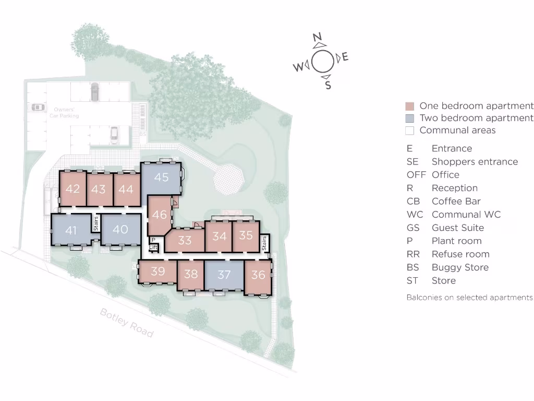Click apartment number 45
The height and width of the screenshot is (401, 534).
pyautogui.click(x=161, y=178)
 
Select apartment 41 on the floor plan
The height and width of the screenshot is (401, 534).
pyautogui.click(x=71, y=230)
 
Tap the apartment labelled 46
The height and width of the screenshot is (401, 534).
pyautogui.click(x=160, y=215)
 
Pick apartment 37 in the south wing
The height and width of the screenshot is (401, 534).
pyautogui.click(x=224, y=275)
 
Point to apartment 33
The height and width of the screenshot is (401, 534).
pyautogui.click(x=185, y=241)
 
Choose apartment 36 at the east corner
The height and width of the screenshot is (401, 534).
pyautogui.click(x=258, y=275)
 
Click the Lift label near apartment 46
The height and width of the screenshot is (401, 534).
pyautogui.click(x=153, y=247)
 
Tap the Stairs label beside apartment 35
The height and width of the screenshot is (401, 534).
pyautogui.click(x=264, y=243)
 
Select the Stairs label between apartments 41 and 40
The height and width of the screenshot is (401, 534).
pyautogui.click(x=95, y=223)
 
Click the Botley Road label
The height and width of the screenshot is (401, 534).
pyautogui.click(x=127, y=323)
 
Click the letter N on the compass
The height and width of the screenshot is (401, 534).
pyautogui.click(x=317, y=37)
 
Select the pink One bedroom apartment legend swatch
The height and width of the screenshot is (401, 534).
pyautogui.click(x=409, y=106)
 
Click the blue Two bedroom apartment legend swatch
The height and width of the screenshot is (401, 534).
pyautogui.click(x=409, y=119)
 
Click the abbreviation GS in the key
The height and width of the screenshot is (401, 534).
pyautogui.click(x=413, y=228)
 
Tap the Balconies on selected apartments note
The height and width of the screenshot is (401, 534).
pyautogui.click(x=469, y=298)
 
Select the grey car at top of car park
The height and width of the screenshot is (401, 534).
pyautogui.click(x=94, y=91)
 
